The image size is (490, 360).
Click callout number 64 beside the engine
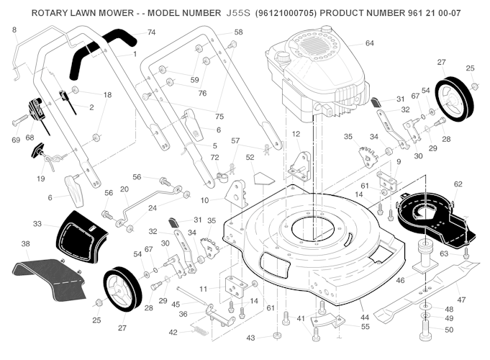coord(369,43)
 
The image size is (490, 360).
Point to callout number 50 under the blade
coord(448,330)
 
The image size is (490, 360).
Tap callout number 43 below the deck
coord(250,337)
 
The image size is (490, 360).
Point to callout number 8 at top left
coord(13,30)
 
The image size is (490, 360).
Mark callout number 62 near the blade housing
coord(458,184)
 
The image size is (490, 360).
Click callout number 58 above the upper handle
coord(238,32)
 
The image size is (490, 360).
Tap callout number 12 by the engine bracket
coord(296,134)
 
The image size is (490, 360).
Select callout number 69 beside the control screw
coord(14,138)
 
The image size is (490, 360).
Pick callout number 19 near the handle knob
coord(41,179)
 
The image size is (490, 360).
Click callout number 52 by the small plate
coord(250,157)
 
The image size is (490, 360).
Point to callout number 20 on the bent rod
coord(124,189)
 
